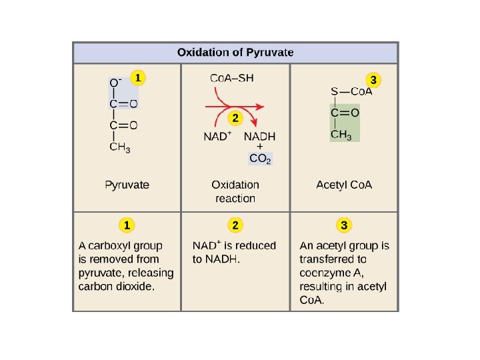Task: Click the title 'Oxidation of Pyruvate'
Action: click(235, 53)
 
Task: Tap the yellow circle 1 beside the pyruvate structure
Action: click(137, 78)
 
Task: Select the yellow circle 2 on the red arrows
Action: click(235, 118)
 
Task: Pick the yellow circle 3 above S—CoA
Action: click(374, 80)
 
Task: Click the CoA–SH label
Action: click(232, 78)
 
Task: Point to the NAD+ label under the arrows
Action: click(217, 137)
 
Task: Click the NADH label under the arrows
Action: click(259, 137)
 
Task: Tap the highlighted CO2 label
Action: click(260, 159)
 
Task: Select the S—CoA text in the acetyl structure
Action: click(351, 91)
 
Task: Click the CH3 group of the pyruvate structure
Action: click(120, 147)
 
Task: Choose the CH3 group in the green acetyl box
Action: click(341, 135)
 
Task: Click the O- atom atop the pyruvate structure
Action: click(116, 82)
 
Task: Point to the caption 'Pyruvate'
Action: click(127, 185)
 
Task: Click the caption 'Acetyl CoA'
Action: click(344, 185)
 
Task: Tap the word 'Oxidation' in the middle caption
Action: click(235, 185)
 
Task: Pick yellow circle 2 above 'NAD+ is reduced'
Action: click(235, 225)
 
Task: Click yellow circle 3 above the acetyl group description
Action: click(344, 225)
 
